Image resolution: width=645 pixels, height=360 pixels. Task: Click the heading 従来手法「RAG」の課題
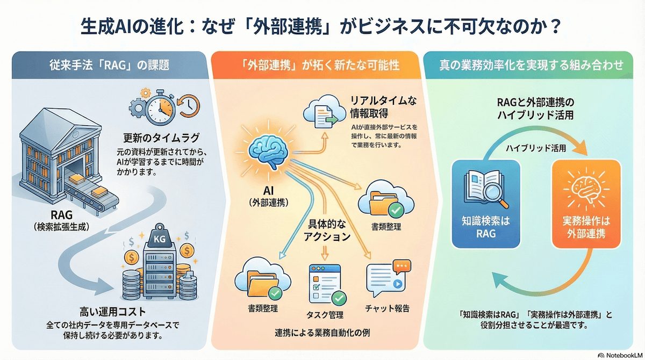coord(116,66)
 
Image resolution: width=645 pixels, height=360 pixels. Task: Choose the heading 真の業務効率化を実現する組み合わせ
coord(531,66)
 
